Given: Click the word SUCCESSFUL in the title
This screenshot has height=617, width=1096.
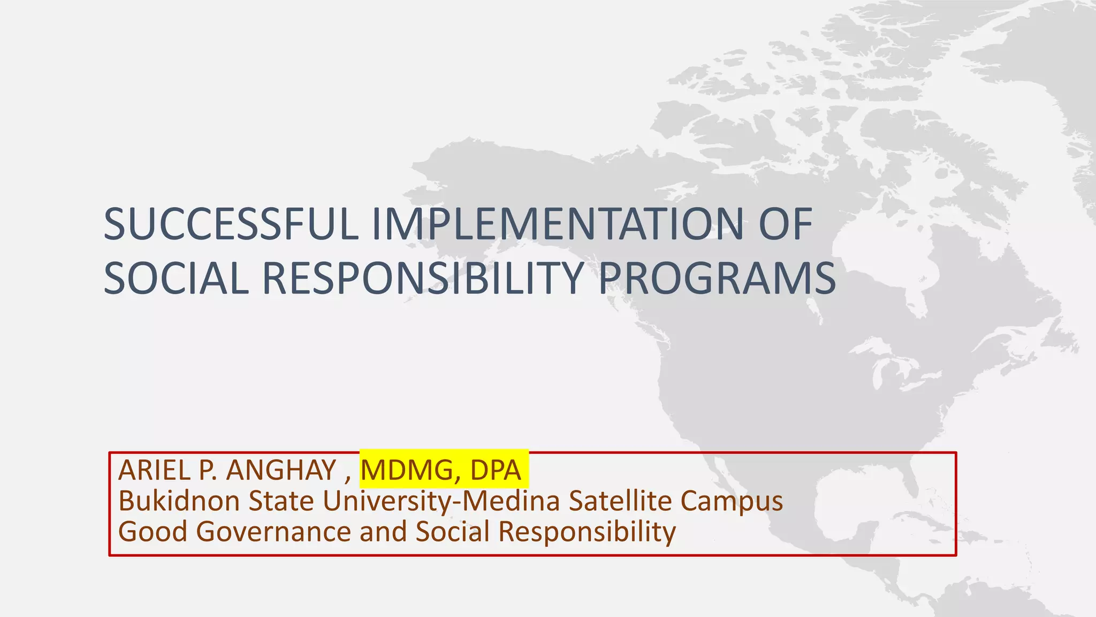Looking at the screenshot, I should click(231, 224).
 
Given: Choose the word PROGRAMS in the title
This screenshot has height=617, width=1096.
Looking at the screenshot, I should click(717, 279).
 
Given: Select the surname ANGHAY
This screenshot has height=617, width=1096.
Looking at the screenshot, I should click(281, 470).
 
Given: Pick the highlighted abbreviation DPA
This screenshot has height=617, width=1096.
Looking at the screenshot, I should click(495, 470).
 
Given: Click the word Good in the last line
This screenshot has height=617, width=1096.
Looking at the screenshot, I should click(153, 532).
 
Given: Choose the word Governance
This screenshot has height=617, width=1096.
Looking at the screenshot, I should click(273, 532).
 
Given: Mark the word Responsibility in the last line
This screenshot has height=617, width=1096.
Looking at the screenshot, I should click(587, 533).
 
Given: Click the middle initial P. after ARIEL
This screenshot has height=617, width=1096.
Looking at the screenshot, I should click(208, 470).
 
